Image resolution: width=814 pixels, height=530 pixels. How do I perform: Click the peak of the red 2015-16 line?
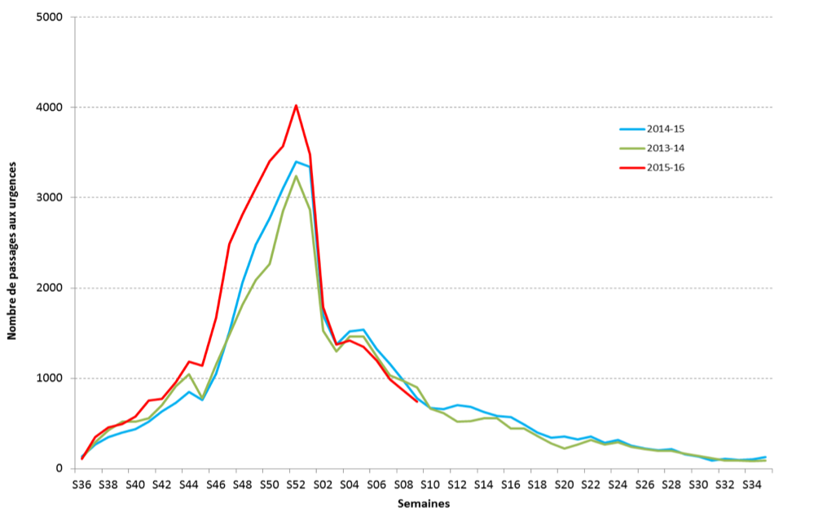click(296, 105)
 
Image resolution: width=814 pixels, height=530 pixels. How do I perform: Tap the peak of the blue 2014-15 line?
click(297, 161)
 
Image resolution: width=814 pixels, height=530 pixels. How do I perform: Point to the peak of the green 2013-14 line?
click(297, 176)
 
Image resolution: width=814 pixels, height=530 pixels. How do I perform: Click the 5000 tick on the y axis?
click(51, 17)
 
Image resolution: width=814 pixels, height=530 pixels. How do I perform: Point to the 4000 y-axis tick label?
click(51, 108)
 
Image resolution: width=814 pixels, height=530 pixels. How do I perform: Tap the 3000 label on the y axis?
click(51, 198)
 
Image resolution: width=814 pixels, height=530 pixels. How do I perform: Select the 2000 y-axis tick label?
click(51, 288)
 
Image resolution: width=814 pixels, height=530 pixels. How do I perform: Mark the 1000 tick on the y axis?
click(51, 378)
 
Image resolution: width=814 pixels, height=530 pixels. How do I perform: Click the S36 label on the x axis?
click(81, 484)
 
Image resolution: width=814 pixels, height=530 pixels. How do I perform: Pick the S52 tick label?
click(296, 484)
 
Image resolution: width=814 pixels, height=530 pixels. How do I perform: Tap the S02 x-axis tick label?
click(323, 484)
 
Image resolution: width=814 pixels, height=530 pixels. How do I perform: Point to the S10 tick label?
click(429, 484)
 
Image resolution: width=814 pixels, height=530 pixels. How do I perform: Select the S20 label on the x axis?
click(563, 484)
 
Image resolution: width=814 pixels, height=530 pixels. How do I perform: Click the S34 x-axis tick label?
click(751, 484)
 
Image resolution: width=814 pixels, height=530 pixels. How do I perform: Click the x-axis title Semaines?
click(423, 504)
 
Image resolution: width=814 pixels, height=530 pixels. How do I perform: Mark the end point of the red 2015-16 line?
click(416, 401)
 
